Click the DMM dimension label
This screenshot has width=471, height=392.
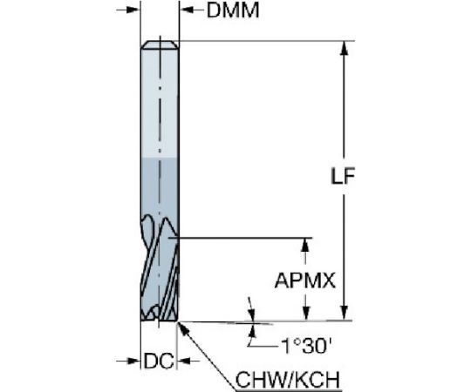point(233,10)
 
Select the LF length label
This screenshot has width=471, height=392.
point(343,176)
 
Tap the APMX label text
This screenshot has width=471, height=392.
point(305,280)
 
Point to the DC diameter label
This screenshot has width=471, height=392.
point(159,361)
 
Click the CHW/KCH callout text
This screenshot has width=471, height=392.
point(288,380)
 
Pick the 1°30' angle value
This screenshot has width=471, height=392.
point(306,346)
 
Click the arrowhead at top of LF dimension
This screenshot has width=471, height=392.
point(345,48)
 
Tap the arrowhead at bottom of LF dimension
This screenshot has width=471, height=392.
point(345,313)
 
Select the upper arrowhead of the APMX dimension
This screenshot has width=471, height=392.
point(305,246)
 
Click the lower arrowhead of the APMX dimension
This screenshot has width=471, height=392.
point(305,313)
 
